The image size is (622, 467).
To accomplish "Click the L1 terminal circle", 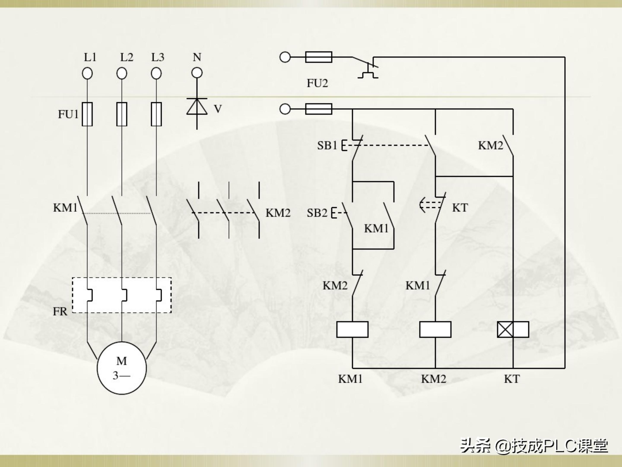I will tap(87, 74).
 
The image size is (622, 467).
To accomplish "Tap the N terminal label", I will tap(197, 57).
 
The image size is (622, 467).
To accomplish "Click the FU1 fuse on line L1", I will tap(87, 114).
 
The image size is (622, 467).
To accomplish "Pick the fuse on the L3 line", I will tap(156, 114).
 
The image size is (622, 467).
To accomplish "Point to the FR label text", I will tap(60, 312).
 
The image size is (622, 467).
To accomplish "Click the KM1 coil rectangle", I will tap(352, 329).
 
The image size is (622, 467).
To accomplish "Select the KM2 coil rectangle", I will tap(435, 329).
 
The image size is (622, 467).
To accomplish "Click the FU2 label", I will tap(317, 83).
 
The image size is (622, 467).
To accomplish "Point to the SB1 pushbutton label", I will tap(327, 146).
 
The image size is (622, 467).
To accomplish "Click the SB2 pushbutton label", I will tap(317, 213).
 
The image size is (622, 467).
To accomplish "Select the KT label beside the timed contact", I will tap(460, 208).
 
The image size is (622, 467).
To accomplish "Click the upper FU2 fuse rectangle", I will tap(319, 57).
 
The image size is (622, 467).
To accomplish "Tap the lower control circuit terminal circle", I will tap(285, 109).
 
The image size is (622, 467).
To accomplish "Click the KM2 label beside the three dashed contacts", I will tap(278, 213).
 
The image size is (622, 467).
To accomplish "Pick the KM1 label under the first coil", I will tap(350, 379).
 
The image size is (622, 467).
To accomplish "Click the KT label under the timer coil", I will tap(512, 379).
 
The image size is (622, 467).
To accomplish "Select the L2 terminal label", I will tap(127, 57).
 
